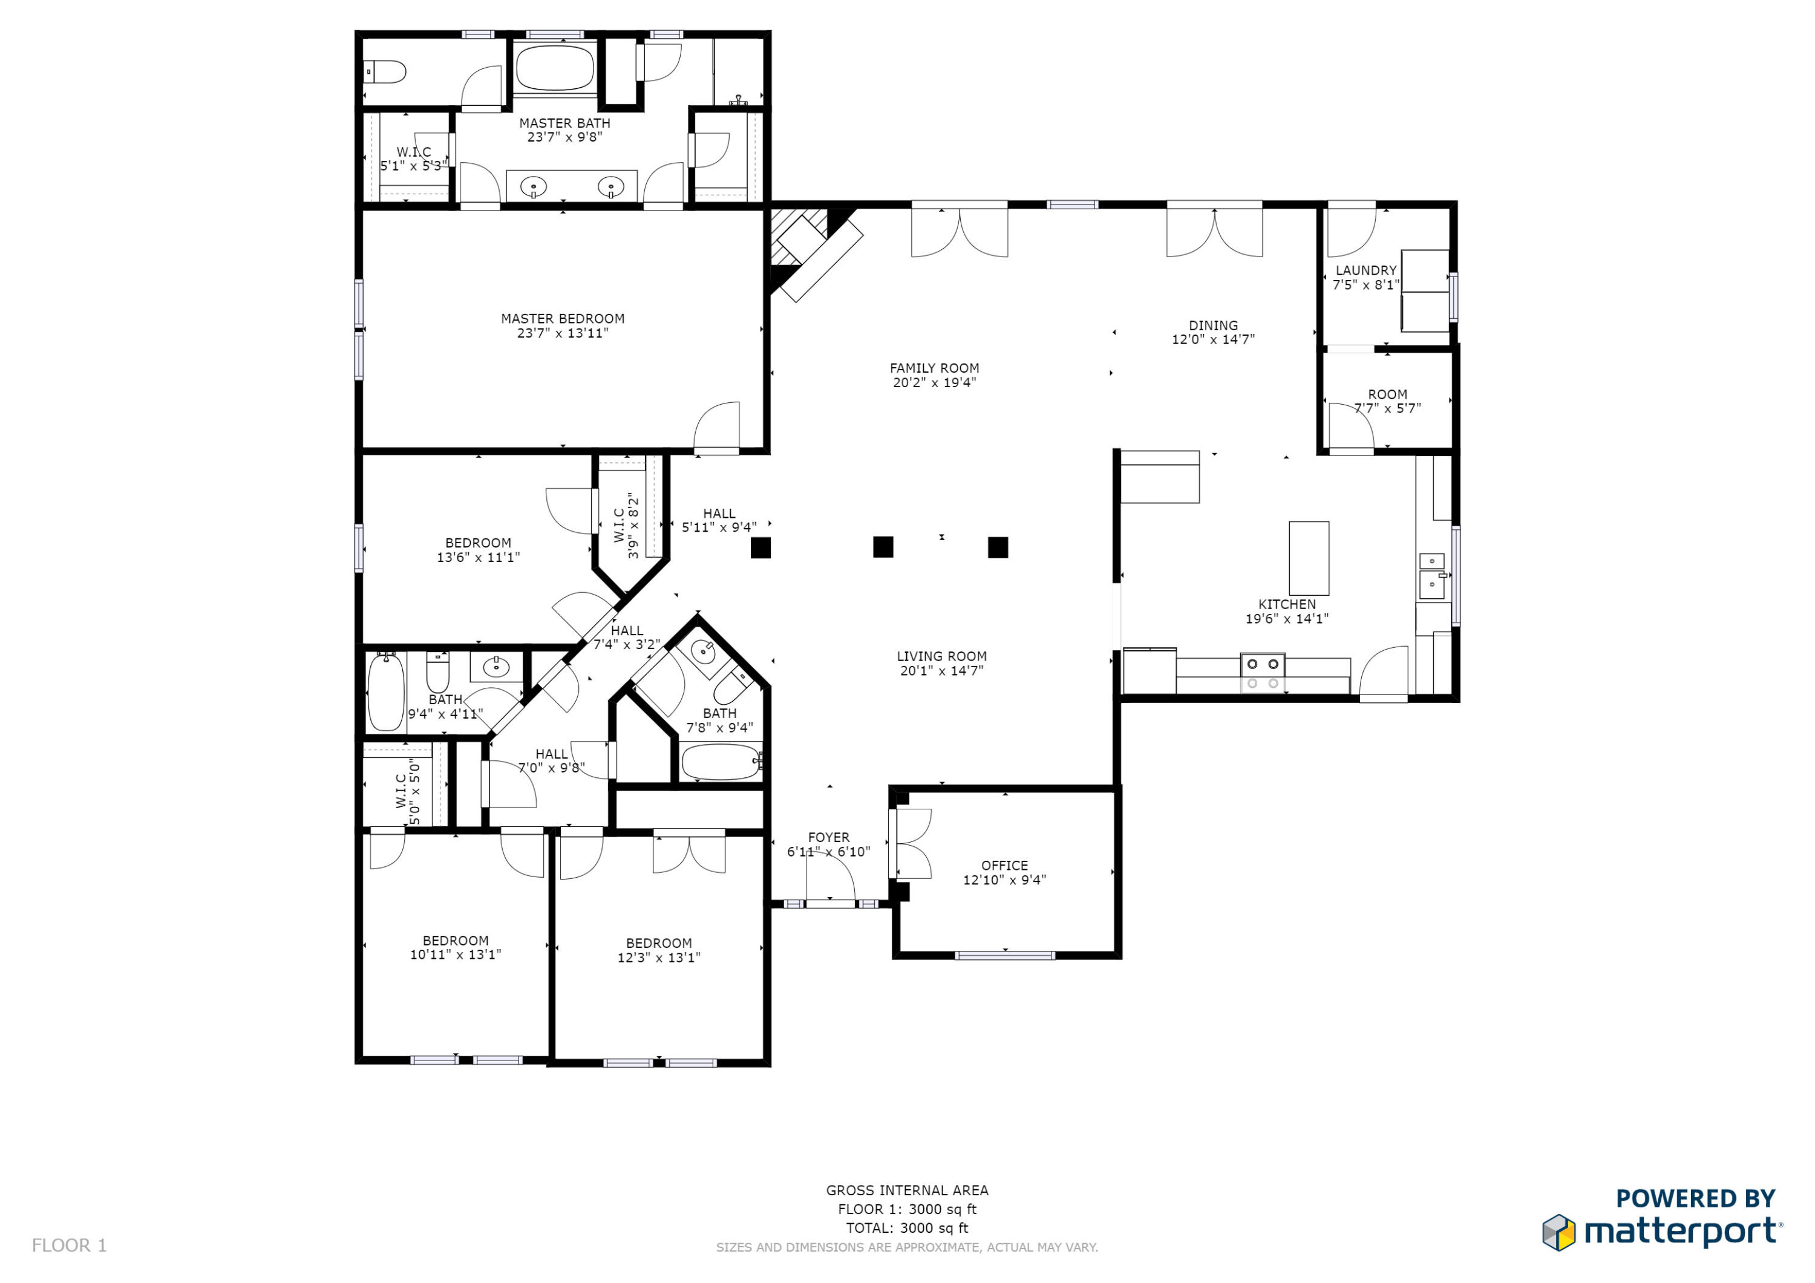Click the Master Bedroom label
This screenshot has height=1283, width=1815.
coord(562,319)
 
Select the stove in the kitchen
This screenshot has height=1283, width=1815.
coord(1263,672)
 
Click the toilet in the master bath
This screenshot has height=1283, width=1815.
coord(387,73)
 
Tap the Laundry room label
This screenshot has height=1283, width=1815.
coord(1366,270)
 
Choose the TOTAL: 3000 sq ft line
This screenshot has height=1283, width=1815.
coord(907,1228)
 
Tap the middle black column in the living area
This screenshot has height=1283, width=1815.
coord(883,547)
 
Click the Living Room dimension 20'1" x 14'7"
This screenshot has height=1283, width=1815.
coord(941,671)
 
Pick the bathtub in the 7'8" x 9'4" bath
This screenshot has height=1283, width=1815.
coord(720,762)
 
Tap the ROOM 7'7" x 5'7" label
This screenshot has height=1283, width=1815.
coord(1387,394)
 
